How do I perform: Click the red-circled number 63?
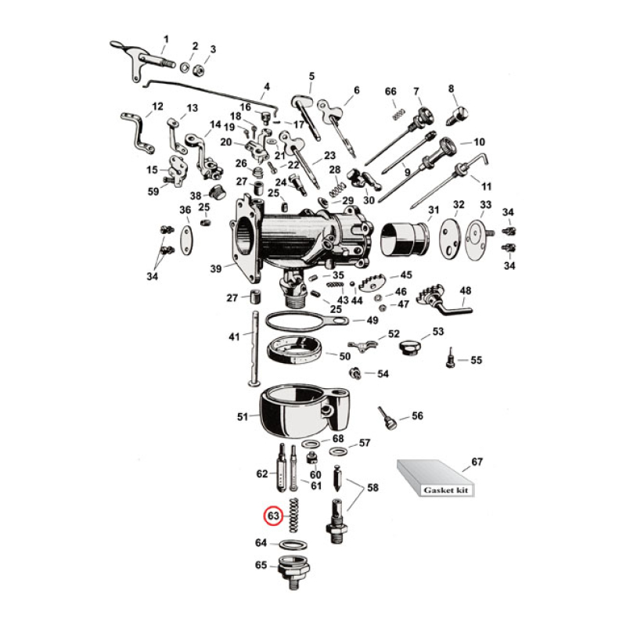pyautogui.click(x=273, y=516)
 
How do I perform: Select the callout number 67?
pyautogui.click(x=477, y=461)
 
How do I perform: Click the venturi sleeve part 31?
pyautogui.click(x=405, y=238)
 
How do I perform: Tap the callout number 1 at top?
pyautogui.click(x=165, y=38)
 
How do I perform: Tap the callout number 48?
pyautogui.click(x=466, y=292)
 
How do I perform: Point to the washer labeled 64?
pyautogui.click(x=291, y=544)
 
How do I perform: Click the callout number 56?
pyautogui.click(x=417, y=416)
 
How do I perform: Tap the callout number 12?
pyautogui.click(x=157, y=106)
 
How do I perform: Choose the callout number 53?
pyautogui.click(x=438, y=332)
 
